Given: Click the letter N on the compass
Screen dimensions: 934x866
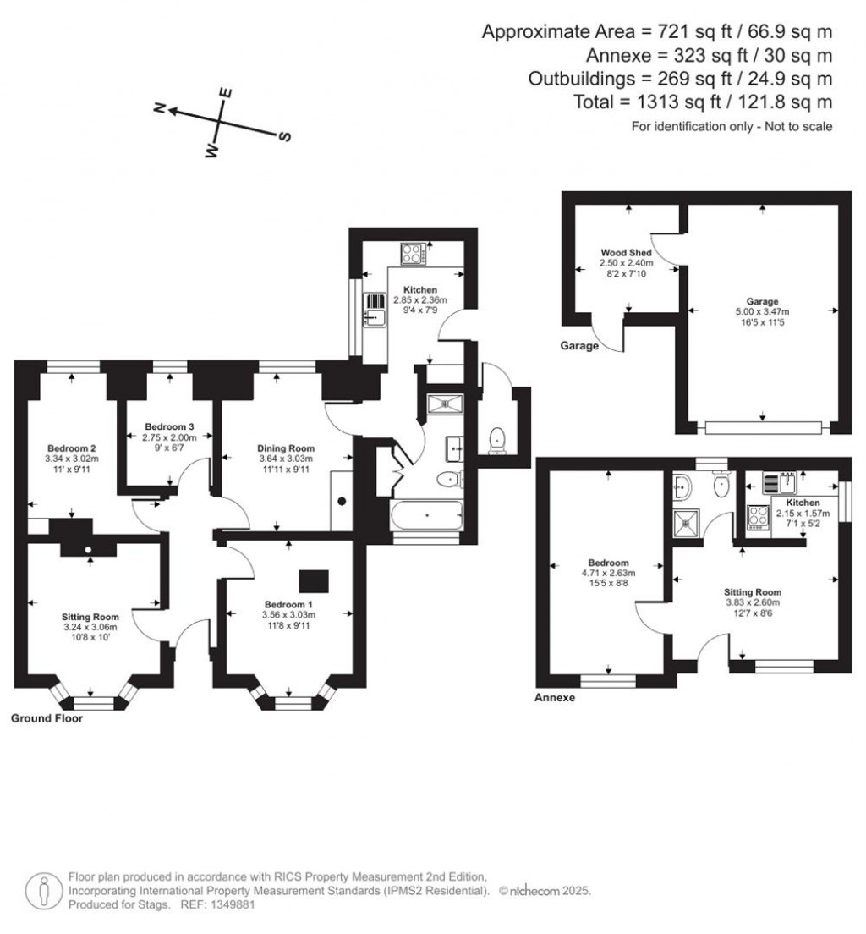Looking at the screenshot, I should pyautogui.click(x=157, y=107).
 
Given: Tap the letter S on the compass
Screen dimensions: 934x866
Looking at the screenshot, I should pyautogui.click(x=285, y=137).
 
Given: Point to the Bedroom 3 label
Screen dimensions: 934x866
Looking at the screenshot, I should pyautogui.click(x=169, y=426).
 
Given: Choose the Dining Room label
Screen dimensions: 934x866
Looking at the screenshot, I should pyautogui.click(x=287, y=448).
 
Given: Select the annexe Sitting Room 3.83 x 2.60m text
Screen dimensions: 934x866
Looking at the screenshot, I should pyautogui.click(x=753, y=602).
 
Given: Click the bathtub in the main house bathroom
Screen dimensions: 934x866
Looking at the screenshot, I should pyautogui.click(x=426, y=514).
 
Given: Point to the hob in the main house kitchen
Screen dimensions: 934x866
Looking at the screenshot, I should pyautogui.click(x=414, y=253).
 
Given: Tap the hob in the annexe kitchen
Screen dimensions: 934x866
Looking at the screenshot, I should pyautogui.click(x=757, y=516).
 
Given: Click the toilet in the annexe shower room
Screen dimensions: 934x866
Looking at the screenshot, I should pyautogui.click(x=721, y=486).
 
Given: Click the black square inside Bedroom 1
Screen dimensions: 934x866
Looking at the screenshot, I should pyautogui.click(x=315, y=581).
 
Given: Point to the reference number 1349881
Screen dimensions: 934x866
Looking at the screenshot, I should pyautogui.click(x=229, y=904).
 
